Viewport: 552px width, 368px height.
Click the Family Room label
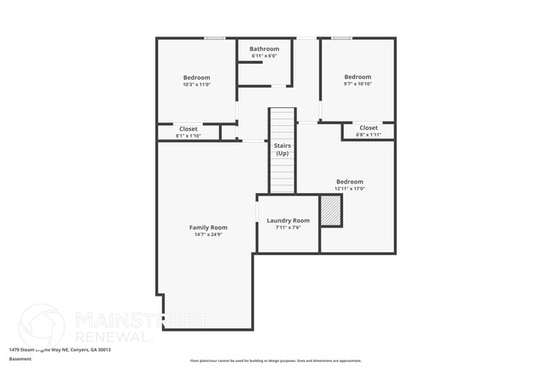(x=208, y=227)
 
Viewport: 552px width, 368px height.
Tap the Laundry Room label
(x=288, y=220)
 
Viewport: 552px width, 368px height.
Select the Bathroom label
(x=264, y=49)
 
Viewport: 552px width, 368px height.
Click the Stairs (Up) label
(x=282, y=149)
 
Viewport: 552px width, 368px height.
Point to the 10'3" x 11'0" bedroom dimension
(x=196, y=84)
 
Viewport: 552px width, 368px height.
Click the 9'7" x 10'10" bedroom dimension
(x=358, y=84)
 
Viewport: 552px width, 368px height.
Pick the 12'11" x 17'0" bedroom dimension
(x=350, y=189)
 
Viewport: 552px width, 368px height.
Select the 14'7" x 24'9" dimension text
(x=208, y=235)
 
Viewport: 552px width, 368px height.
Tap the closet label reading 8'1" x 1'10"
(x=189, y=136)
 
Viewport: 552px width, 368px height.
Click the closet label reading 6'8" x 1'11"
(x=369, y=135)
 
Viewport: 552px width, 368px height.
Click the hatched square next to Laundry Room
(x=330, y=211)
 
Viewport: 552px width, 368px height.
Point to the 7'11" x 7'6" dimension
(x=288, y=228)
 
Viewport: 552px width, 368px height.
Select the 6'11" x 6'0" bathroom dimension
(x=264, y=56)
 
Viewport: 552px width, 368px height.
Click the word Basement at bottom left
(x=20, y=359)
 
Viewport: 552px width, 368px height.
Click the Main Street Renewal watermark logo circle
(x=41, y=326)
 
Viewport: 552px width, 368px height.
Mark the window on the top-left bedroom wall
(x=214, y=37)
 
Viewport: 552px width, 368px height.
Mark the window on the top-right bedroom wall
(x=341, y=37)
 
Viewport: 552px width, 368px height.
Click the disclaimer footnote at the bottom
(x=275, y=361)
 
